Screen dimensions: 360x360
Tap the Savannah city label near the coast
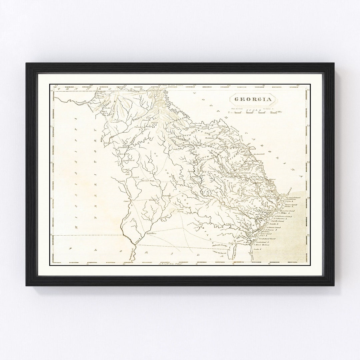coord(276,197)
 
